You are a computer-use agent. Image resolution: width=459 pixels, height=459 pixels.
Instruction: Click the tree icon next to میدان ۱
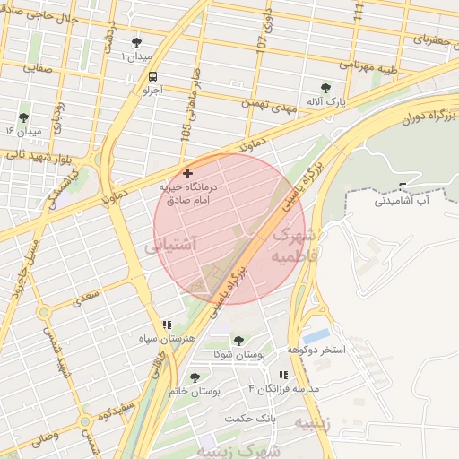(136, 42)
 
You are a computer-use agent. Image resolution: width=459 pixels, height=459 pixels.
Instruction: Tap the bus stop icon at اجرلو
(152, 76)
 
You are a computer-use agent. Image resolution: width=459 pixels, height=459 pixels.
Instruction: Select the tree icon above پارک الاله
(325, 88)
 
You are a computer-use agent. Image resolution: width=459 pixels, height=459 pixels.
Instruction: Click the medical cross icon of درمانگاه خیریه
(187, 172)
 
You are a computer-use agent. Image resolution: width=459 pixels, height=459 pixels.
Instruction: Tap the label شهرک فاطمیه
(292, 244)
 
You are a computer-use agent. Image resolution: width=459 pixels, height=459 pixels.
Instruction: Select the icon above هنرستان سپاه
(166, 325)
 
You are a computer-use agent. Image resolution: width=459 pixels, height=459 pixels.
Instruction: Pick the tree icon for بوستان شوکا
(239, 341)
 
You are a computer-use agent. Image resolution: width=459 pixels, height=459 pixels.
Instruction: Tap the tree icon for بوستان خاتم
(195, 377)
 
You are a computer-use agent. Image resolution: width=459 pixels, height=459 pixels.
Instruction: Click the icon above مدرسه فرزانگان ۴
(283, 375)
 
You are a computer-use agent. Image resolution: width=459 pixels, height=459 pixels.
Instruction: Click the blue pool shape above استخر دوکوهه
(316, 335)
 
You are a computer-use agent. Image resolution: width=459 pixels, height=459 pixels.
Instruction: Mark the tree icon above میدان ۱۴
(23, 117)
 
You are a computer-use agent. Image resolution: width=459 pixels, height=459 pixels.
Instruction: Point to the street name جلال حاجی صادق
(45, 15)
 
